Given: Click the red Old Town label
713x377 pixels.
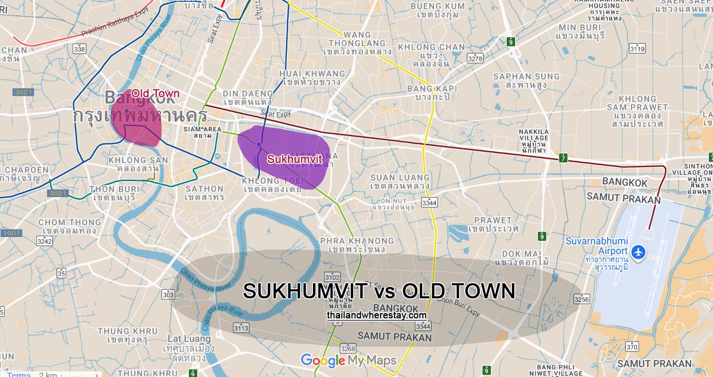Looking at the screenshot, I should tap(155, 93).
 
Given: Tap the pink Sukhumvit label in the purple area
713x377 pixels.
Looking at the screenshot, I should tap(295, 159).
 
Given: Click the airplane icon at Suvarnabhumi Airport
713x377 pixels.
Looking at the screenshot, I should tap(640, 252).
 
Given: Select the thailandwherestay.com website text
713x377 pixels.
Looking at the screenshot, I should tap(376, 315).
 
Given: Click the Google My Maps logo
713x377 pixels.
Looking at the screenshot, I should tap(348, 360).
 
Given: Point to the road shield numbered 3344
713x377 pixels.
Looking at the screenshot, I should tap(429, 203).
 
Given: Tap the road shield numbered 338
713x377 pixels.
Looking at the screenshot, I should tap(80, 49).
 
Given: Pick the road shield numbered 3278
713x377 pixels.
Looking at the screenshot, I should tap(475, 58).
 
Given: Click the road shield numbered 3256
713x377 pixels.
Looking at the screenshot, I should tap(582, 299).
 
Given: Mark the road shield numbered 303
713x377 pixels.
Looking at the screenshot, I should tap(168, 295).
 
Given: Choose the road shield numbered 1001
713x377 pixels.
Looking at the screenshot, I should tap(10, 233).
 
